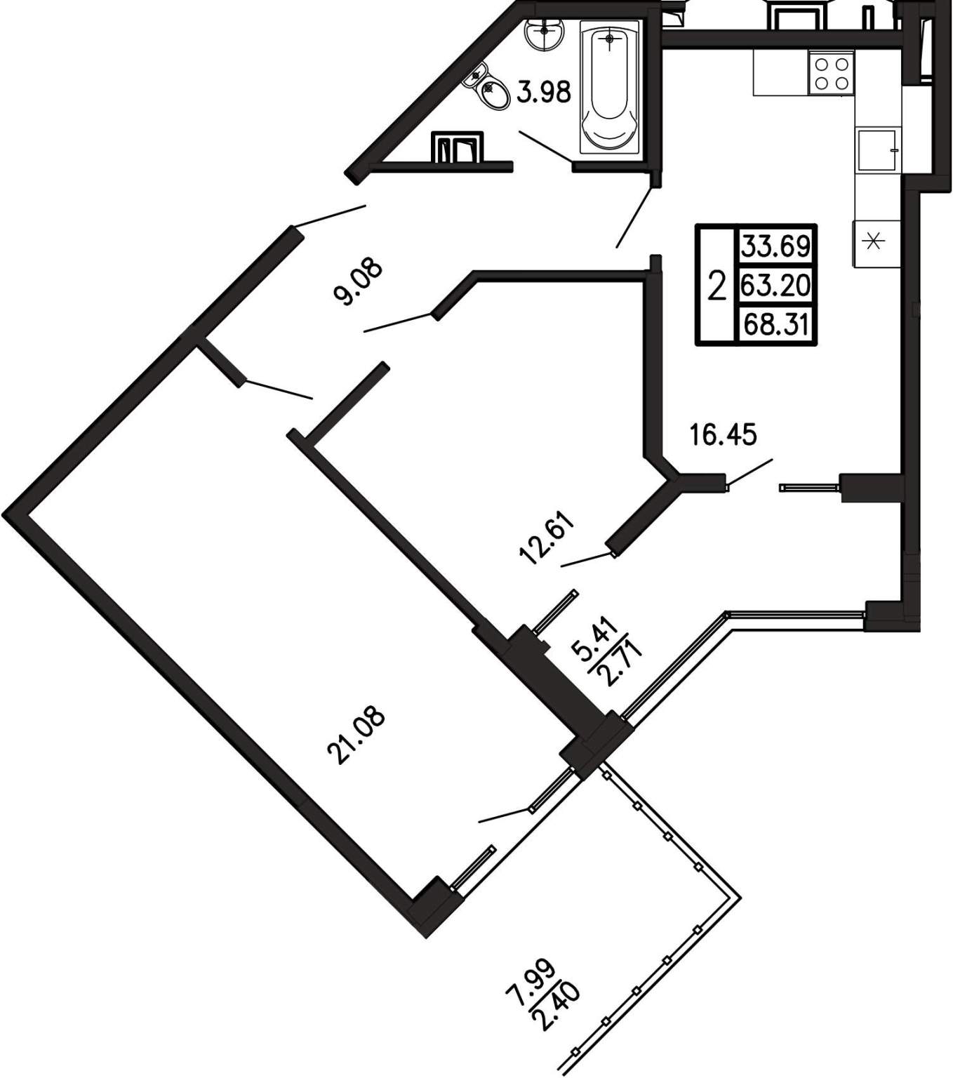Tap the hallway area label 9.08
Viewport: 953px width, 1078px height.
(x=355, y=281)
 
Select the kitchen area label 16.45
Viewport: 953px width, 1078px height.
(x=723, y=434)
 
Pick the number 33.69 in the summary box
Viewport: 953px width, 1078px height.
(x=776, y=246)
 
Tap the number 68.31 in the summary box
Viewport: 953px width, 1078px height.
(x=776, y=324)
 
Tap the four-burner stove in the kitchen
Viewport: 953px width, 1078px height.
(x=831, y=74)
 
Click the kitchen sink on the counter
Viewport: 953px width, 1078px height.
(x=878, y=149)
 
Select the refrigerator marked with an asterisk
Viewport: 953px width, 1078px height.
(x=876, y=243)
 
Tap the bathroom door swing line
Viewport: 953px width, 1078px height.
(x=547, y=147)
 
